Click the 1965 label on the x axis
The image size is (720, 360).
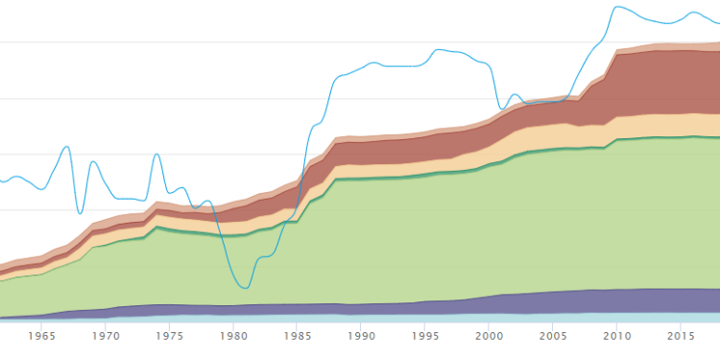(42, 336)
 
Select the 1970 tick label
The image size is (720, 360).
(106, 336)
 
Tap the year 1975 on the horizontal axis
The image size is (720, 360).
(170, 336)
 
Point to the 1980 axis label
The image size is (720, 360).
(233, 336)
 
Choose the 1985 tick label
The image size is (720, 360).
(298, 336)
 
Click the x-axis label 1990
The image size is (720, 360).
(361, 336)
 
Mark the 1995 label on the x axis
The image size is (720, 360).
(425, 336)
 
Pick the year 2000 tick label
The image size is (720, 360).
(489, 336)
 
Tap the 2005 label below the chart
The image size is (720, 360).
(553, 336)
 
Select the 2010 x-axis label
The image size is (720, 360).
(616, 336)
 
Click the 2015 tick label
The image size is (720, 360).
(681, 336)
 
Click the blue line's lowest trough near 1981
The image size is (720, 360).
(246, 288)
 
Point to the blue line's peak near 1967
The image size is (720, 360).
(66, 147)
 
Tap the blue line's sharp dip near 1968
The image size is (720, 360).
(80, 213)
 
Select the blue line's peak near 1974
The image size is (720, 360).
(156, 154)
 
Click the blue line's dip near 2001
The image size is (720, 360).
(502, 108)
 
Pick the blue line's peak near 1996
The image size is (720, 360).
(440, 49)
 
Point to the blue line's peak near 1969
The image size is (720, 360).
(93, 161)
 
